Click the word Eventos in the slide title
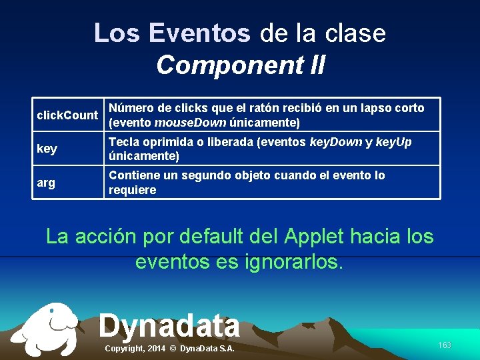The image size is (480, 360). pyautogui.click(x=200, y=33)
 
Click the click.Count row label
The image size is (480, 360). pyautogui.click(x=67, y=115)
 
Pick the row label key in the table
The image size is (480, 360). pyautogui.click(x=47, y=149)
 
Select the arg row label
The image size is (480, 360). pyautogui.click(x=46, y=183)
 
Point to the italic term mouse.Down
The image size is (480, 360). pyautogui.click(x=190, y=123)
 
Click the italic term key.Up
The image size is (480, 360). pyautogui.click(x=393, y=142)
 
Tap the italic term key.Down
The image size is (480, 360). pyautogui.click(x=337, y=142)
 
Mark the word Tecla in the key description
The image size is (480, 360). pyautogui.click(x=125, y=142)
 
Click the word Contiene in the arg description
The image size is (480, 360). pyautogui.click(x=133, y=175)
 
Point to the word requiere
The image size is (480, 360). pyautogui.click(x=132, y=190)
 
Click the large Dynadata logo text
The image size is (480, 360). pyautogui.click(x=169, y=325)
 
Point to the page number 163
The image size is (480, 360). pyautogui.click(x=445, y=345)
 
